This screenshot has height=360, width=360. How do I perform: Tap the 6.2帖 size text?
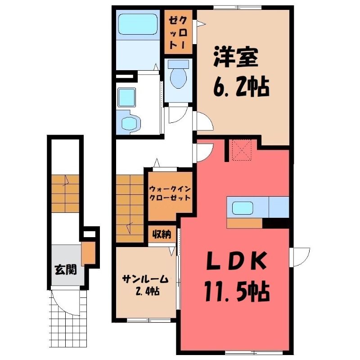241,87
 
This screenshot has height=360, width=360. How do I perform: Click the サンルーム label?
145,280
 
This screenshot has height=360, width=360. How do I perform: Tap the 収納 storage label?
162,234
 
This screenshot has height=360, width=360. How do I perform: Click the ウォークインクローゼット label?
170,193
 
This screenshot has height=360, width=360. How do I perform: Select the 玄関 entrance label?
65,270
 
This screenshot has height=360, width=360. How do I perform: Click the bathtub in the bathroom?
138,24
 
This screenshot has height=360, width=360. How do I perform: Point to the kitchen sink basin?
243,208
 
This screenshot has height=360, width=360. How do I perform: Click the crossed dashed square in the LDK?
242,149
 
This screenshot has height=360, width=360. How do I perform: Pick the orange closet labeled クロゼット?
178,32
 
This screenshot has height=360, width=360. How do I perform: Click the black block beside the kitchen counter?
275,223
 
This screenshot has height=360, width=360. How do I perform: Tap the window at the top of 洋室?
238,8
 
